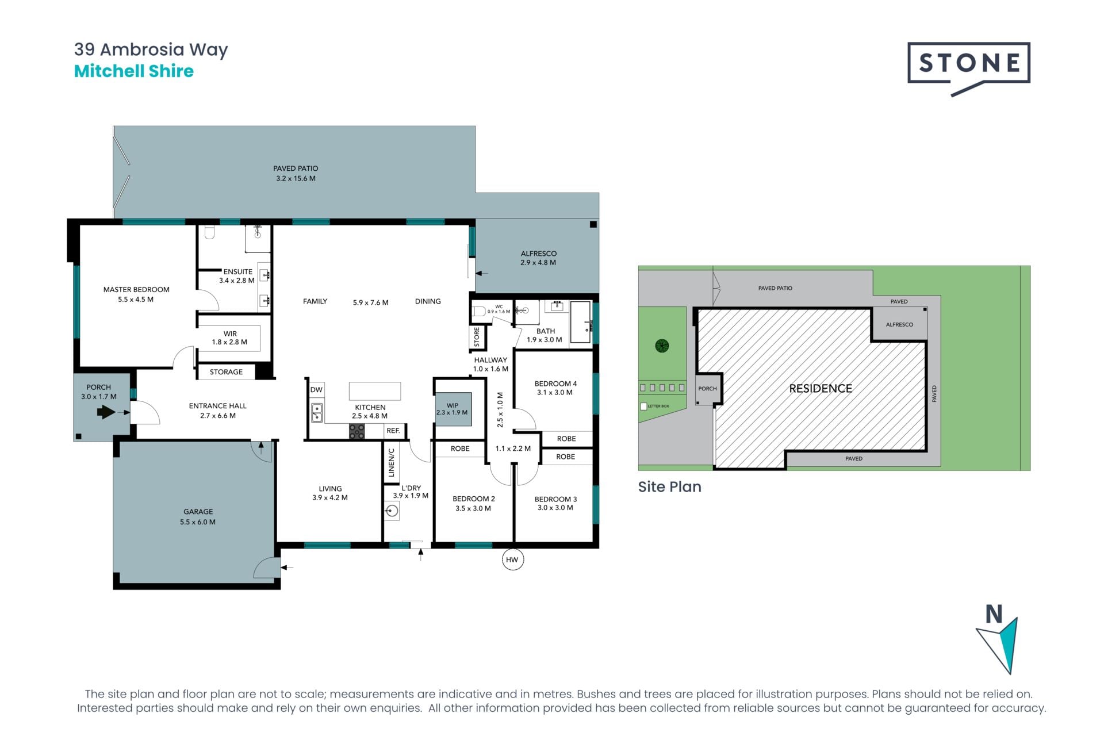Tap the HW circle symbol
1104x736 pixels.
point(512,559)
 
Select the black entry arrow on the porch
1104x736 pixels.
point(106,412)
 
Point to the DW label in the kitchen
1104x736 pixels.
point(316,390)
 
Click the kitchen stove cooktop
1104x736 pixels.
point(356,431)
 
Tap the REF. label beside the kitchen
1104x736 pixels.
point(393,431)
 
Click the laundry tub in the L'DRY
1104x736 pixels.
point(392,511)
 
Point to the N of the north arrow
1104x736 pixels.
point(994,614)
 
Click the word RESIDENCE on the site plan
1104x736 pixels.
point(821,389)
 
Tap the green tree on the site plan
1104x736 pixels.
point(662,346)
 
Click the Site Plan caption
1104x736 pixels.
point(670,487)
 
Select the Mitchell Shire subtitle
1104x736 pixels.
point(134,71)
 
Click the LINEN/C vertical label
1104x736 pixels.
point(392,463)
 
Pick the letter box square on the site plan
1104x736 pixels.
point(643,407)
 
